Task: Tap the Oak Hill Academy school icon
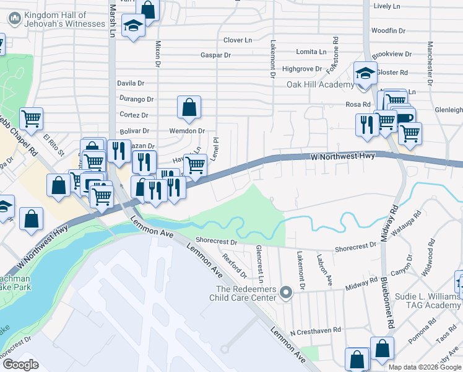click(365, 73)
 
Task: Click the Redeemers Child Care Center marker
click(285, 291)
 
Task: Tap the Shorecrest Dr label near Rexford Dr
click(216, 241)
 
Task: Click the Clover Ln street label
click(238, 40)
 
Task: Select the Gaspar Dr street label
click(215, 55)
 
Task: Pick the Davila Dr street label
click(130, 82)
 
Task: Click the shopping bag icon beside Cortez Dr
click(189, 107)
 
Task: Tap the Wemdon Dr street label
click(187, 131)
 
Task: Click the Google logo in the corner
click(20, 365)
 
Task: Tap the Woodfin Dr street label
click(387, 30)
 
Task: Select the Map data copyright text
click(424, 367)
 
